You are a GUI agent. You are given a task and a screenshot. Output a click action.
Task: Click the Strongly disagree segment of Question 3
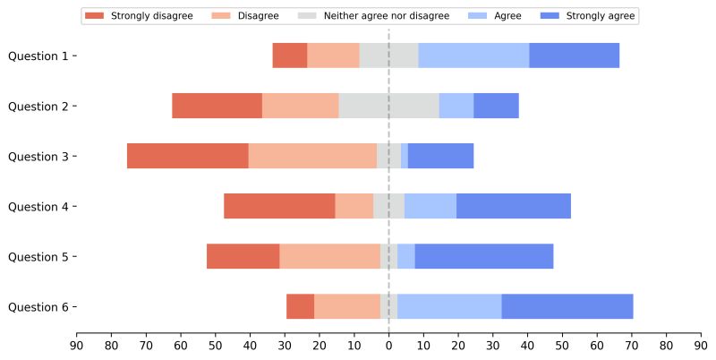pos(187,156)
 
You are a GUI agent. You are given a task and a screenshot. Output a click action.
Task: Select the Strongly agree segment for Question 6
pos(567,306)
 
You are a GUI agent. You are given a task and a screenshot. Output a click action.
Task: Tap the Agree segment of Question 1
pos(473,56)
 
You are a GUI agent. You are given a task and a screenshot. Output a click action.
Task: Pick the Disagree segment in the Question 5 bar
pos(329,256)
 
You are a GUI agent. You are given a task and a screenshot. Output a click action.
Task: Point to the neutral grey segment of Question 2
pos(388,106)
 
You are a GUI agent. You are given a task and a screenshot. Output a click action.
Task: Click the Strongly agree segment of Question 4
pos(514,206)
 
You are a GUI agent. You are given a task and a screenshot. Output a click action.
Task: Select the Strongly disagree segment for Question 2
pos(217,106)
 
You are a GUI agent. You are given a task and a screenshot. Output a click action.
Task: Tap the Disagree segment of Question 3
pos(312,156)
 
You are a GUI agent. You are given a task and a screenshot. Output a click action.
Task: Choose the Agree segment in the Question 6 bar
pos(449,306)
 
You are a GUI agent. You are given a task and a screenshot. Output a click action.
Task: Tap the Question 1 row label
pos(38,56)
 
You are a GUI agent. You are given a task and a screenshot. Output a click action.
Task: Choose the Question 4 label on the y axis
pos(38,206)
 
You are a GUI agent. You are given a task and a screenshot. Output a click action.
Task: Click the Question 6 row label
pos(38,306)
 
